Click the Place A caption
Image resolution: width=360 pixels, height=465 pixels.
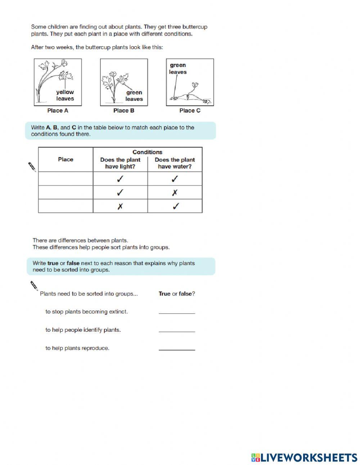58,111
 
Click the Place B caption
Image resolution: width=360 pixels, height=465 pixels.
123,111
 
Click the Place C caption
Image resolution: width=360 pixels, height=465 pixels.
190,111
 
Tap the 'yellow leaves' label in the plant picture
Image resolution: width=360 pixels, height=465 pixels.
65,95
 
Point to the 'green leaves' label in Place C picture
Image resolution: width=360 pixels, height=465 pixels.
178,68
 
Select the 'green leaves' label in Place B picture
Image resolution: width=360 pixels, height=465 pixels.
134,96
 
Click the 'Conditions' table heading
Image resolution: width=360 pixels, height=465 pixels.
147,152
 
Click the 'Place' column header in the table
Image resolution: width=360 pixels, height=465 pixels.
66,159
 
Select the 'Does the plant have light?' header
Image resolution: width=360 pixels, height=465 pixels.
120,163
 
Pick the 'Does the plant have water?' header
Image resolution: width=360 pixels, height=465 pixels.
175,163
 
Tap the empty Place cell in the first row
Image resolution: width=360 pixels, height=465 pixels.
66,179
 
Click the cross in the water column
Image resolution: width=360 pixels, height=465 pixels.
175,193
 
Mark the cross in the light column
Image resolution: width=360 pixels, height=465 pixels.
120,206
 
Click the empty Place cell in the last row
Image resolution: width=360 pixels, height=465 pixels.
66,206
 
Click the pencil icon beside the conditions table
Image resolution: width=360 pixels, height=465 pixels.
32,167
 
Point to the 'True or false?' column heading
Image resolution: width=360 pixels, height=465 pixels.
177,294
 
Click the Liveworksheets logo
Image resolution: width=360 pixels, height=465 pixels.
304,457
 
